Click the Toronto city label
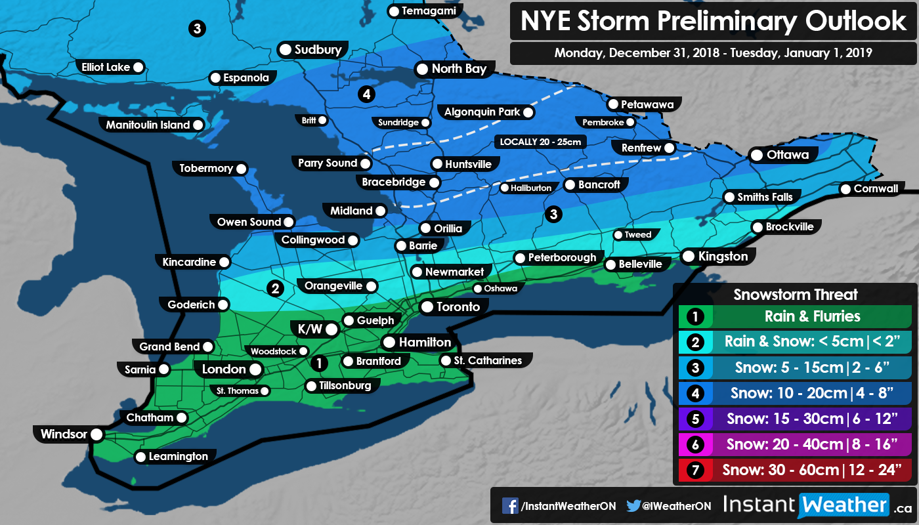(458, 306)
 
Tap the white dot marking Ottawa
(756, 156)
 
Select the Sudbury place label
(318, 49)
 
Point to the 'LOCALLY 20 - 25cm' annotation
(540, 142)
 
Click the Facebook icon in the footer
(510, 505)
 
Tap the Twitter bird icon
(633, 505)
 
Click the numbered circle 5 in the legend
(693, 419)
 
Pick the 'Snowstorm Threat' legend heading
(795, 295)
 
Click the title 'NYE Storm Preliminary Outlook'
(714, 22)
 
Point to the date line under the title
(714, 52)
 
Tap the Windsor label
(64, 434)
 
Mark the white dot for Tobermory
(241, 169)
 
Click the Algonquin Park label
(482, 112)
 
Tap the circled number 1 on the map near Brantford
(319, 362)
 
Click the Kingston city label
(723, 256)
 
